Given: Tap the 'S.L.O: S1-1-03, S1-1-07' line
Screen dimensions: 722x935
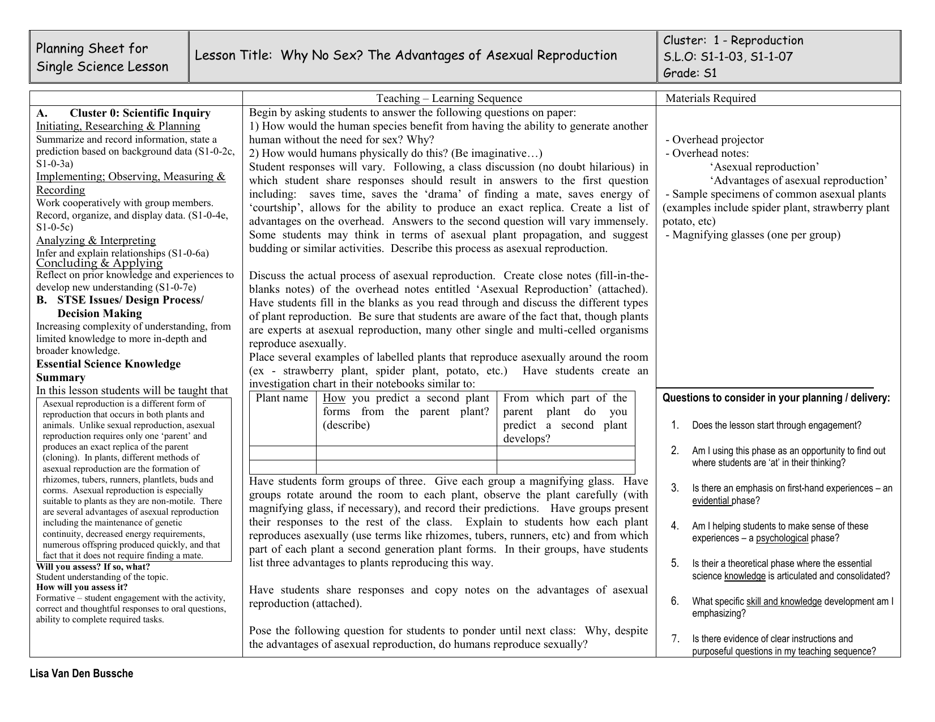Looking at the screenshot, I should [728, 57].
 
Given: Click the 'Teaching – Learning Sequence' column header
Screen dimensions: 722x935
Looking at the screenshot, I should [449, 99].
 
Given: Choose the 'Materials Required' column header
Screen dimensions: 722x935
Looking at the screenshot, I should [710, 99].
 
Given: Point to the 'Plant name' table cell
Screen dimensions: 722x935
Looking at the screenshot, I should [282, 398].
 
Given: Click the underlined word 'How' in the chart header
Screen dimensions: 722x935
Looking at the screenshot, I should [334, 398].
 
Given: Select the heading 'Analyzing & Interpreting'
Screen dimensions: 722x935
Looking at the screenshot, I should [96, 241].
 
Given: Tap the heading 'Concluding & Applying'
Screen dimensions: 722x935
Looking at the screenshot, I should [99, 263].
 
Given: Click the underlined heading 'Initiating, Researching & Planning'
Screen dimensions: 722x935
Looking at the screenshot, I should [118, 126].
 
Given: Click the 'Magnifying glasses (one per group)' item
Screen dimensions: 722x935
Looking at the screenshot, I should [755, 235].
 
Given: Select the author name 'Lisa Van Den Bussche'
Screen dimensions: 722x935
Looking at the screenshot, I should [82, 674].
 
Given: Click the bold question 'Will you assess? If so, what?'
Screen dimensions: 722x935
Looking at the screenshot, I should [93, 567].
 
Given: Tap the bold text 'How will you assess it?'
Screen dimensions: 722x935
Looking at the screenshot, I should [82, 587].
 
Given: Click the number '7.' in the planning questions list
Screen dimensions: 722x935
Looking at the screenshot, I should [675, 639].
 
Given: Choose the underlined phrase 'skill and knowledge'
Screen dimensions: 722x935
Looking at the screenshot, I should [784, 601].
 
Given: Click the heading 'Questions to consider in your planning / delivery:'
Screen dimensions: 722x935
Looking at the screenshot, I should [776, 398].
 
